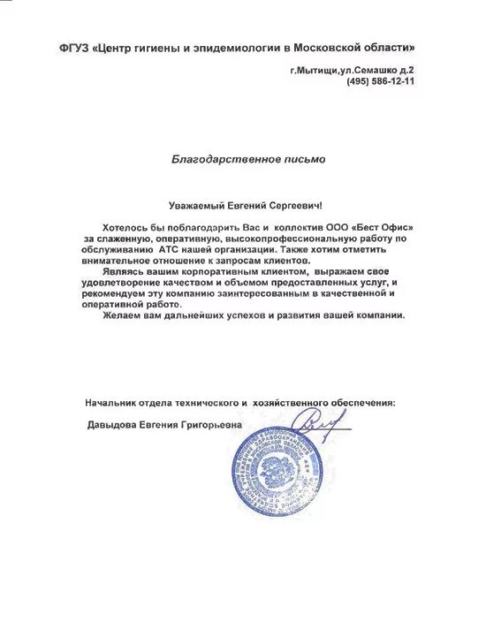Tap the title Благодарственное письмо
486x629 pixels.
tap(248, 159)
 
